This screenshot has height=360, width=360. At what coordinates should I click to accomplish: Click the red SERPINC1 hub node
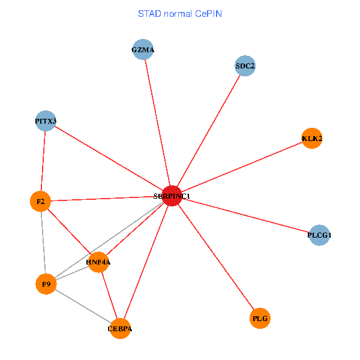pyautogui.click(x=172, y=196)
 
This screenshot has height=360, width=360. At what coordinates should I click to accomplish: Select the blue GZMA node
pyautogui.click(x=143, y=50)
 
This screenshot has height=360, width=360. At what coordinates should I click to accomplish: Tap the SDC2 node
pyautogui.click(x=245, y=66)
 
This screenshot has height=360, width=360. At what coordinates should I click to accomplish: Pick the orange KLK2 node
pyautogui.click(x=312, y=139)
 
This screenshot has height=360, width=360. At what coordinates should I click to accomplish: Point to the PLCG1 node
pyautogui.click(x=319, y=235)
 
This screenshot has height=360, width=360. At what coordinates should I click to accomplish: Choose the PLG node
pyautogui.click(x=260, y=317)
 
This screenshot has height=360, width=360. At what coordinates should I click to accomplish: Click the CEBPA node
pyautogui.click(x=120, y=328)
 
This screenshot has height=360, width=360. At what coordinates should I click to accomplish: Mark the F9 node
pyautogui.click(x=46, y=283)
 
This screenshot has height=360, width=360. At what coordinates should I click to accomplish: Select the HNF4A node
pyautogui.click(x=98, y=262)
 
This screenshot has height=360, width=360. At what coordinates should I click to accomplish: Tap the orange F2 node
pyautogui.click(x=40, y=202)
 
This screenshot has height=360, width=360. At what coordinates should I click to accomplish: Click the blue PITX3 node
pyautogui.click(x=46, y=121)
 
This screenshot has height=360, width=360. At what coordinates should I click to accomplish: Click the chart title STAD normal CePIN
pyautogui.click(x=179, y=13)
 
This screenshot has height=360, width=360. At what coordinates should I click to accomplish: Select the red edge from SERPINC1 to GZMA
pyautogui.click(x=157, y=122)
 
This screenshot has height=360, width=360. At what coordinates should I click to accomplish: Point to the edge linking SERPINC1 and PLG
pyautogui.click(x=216, y=257)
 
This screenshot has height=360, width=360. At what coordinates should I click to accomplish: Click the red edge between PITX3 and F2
pyautogui.click(x=43, y=161)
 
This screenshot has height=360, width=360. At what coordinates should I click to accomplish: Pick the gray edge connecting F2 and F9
pyautogui.click(x=43, y=242)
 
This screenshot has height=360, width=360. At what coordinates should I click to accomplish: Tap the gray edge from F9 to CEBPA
pyautogui.click(x=83, y=306)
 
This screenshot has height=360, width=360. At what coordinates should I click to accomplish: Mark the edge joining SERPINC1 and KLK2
pyautogui.click(x=242, y=167)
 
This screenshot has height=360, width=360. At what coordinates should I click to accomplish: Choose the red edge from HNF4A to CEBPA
pyautogui.click(x=109, y=295)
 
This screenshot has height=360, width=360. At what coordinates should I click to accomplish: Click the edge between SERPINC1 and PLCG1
pyautogui.click(x=245, y=215)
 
